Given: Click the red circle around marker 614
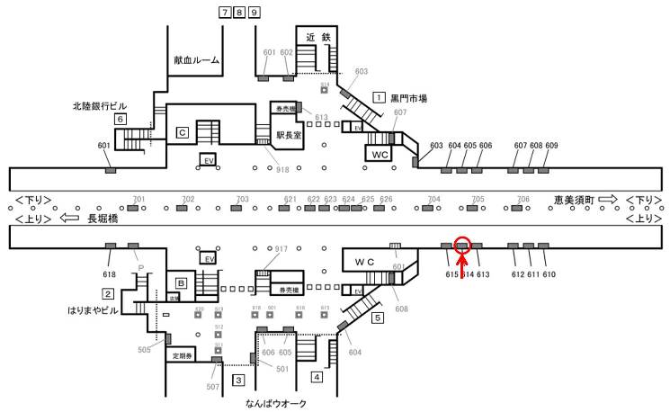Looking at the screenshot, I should coord(462,244).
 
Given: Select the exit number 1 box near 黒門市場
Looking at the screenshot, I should coord(380,97).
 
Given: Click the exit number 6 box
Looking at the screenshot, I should coord(119,119).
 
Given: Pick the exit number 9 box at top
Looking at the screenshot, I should coord(255,13).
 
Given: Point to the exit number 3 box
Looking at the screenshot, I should coord(237,380).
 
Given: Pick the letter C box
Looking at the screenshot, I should coord(182,133).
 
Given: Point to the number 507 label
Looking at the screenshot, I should coord(212,387).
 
